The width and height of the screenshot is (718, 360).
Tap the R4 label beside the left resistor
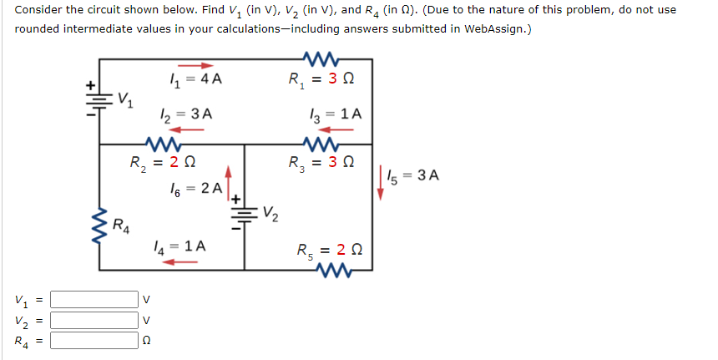[121, 223]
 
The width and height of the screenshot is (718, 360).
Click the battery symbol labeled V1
[99, 97]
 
